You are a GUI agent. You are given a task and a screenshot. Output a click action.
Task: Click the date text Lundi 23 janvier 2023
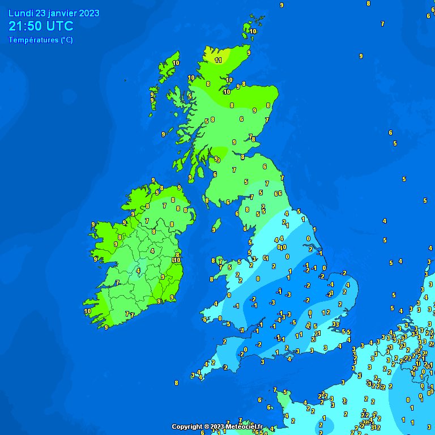coord(54,14)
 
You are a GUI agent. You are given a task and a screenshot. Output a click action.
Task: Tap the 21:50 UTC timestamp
coord(41,26)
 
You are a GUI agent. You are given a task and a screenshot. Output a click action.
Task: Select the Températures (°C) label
coord(41,40)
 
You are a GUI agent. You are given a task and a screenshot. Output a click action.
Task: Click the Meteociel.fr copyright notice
coord(217,427)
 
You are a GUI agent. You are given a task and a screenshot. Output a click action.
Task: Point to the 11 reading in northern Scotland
coord(219,60)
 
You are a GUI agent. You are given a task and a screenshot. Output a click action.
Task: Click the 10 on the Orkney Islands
coord(253,32)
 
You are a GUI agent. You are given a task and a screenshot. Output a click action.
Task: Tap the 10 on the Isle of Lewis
coord(176,63)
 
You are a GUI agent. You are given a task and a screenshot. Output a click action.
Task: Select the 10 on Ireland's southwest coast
coord(87,311)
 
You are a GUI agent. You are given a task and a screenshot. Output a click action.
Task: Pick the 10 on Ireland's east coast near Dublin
coord(176,260)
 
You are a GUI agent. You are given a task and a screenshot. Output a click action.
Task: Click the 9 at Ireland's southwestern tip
coord(106,327)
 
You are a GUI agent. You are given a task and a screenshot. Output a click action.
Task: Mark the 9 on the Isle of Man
coord(215,229)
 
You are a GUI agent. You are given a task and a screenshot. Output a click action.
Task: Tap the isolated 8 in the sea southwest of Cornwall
coord(176,383)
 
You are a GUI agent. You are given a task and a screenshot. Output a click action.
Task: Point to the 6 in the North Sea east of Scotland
coord(390,133)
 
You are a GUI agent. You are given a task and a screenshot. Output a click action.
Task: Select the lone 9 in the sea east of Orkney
coord(361,56)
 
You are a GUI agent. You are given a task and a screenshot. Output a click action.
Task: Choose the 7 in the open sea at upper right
coord(382,24)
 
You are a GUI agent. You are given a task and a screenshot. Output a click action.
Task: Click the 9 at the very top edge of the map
coord(282,5)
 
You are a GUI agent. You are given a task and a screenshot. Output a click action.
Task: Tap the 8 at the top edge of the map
coord(368,3)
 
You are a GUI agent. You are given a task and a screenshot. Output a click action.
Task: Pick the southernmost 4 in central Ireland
coord(138,271)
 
